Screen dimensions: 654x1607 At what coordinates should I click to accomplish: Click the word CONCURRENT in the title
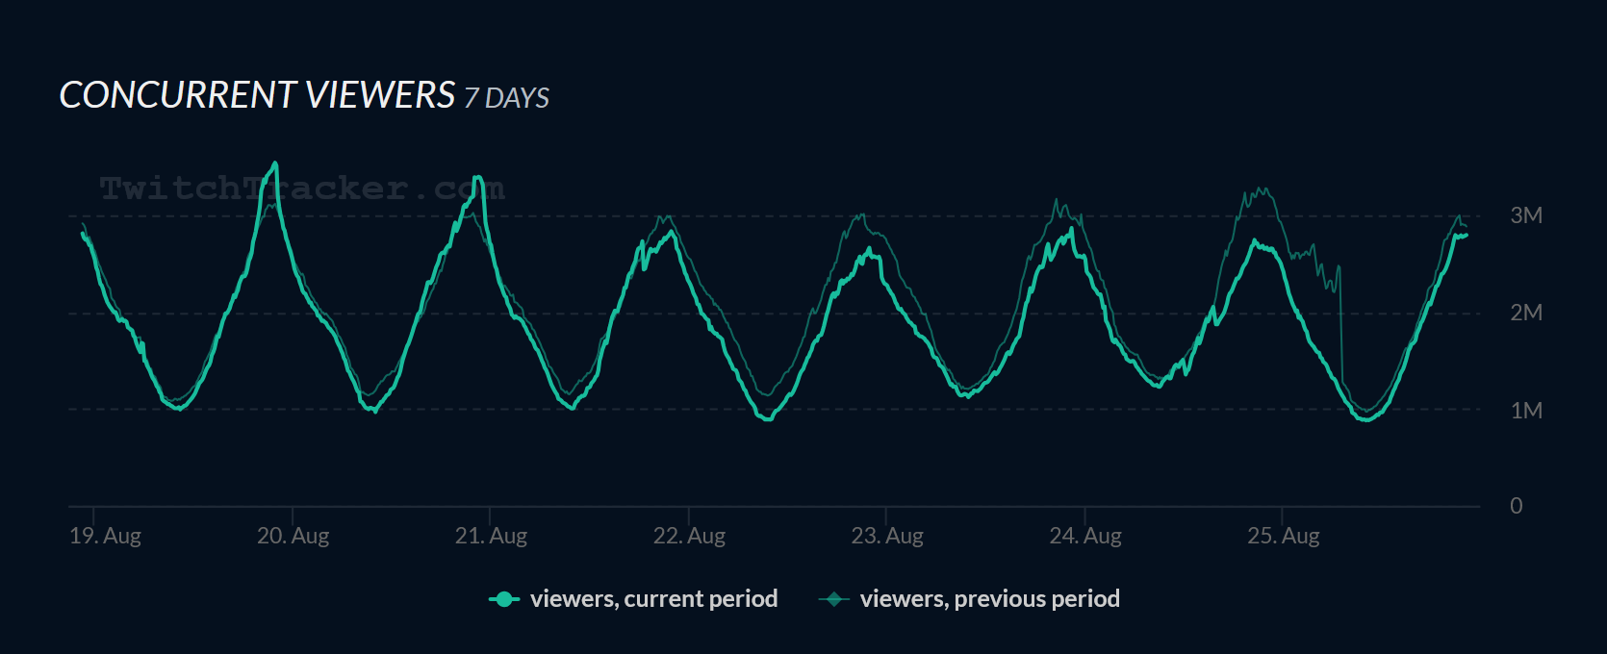pyautogui.click(x=178, y=95)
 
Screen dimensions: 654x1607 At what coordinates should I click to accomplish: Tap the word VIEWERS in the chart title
pyautogui.click(x=380, y=95)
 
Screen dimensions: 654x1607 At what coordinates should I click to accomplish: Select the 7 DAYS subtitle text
pyautogui.click(x=506, y=98)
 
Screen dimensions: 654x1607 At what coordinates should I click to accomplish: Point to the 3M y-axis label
pyautogui.click(x=1525, y=215)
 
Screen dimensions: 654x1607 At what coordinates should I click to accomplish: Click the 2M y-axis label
pyautogui.click(x=1525, y=313)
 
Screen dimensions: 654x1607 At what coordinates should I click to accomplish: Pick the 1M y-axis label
pyautogui.click(x=1525, y=411)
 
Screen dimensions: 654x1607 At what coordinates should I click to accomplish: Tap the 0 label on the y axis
pyautogui.click(x=1516, y=506)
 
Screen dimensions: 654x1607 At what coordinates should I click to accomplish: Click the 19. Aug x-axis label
pyautogui.click(x=105, y=536)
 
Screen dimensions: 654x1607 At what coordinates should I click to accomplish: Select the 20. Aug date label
pyautogui.click(x=293, y=536)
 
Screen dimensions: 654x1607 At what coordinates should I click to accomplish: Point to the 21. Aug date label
pyautogui.click(x=491, y=536)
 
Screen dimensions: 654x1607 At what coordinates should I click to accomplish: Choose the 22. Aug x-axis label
pyautogui.click(x=689, y=536)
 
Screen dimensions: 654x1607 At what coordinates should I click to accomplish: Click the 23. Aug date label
pyautogui.click(x=887, y=536)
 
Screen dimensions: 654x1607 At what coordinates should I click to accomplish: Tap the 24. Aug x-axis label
pyautogui.click(x=1085, y=536)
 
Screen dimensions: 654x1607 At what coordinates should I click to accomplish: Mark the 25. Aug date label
pyautogui.click(x=1284, y=536)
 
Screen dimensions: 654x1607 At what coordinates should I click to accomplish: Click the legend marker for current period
pyautogui.click(x=504, y=599)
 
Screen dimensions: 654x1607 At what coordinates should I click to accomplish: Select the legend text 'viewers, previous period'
pyautogui.click(x=989, y=599)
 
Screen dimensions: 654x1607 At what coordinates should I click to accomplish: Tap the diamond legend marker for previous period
pyautogui.click(x=833, y=599)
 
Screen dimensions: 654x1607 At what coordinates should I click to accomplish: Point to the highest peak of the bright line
pyautogui.click(x=276, y=163)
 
